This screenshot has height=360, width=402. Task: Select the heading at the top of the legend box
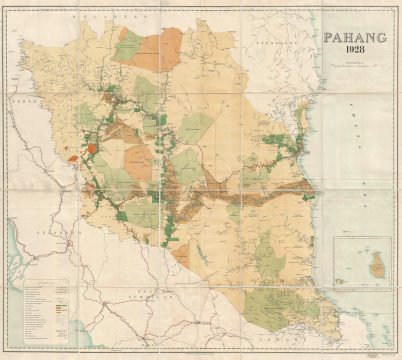coord(44,283)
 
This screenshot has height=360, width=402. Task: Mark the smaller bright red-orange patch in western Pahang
coord(72,156)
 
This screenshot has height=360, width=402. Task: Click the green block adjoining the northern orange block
coord(130,44)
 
